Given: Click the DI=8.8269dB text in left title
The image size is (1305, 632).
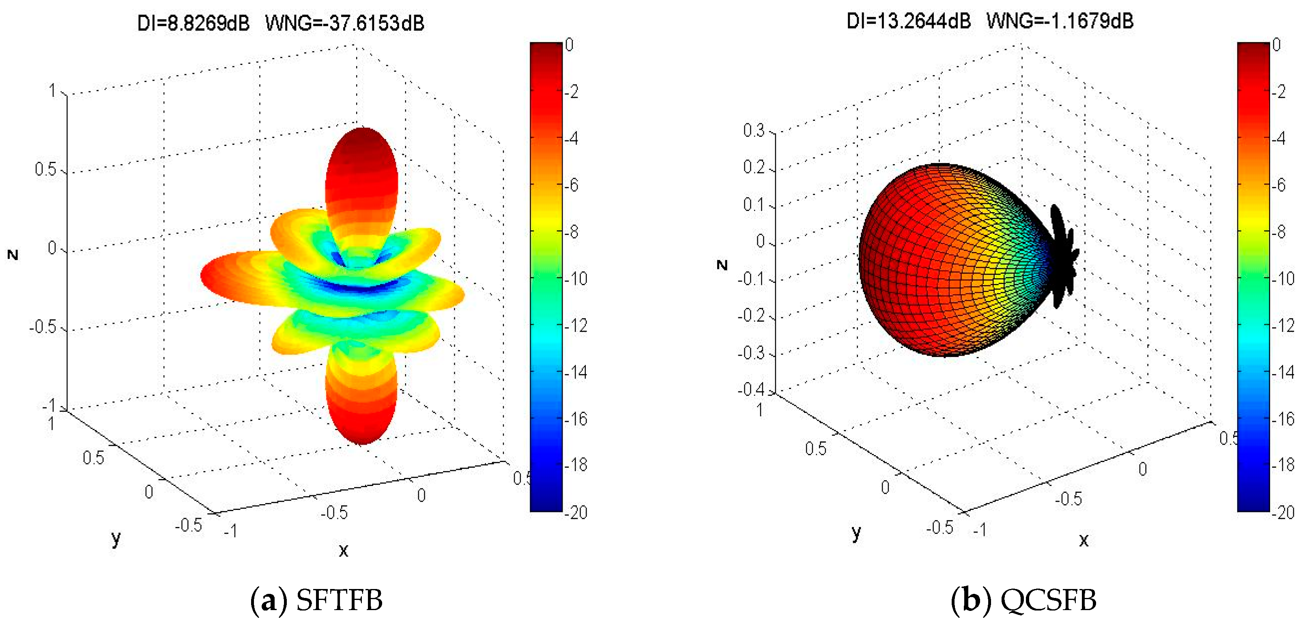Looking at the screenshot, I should (193, 23).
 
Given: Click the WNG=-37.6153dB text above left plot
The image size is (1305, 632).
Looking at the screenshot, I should (344, 23).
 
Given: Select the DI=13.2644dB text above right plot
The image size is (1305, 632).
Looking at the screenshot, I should (908, 21).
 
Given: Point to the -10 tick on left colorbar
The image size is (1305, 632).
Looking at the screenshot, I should (576, 279).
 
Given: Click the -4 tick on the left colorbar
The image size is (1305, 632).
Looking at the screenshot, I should (572, 138).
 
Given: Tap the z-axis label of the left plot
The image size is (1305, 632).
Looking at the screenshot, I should (13, 255).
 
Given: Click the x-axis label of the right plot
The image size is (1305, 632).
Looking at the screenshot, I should (1084, 540).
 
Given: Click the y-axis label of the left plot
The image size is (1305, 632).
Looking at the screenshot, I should (116, 538).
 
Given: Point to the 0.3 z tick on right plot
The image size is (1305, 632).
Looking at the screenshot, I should (753, 131).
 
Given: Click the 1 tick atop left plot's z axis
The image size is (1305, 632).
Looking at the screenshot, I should (52, 90).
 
